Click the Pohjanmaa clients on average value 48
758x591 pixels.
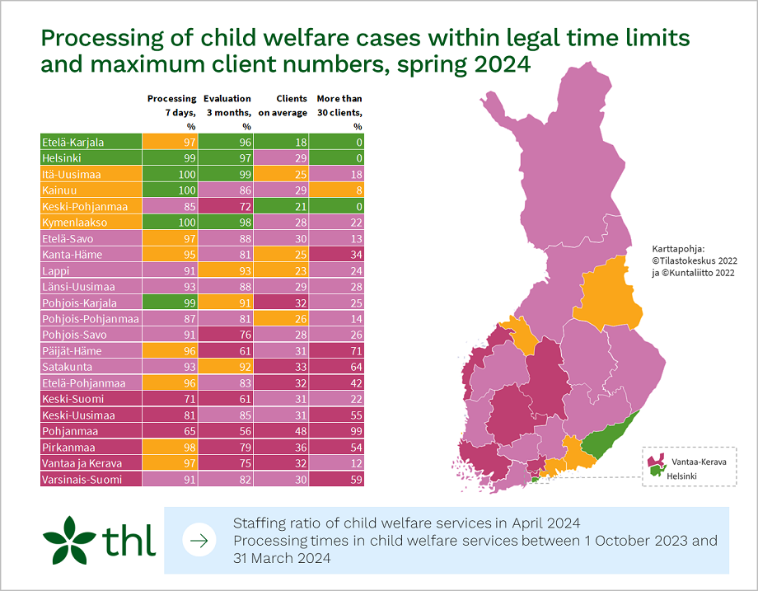click(x=282, y=431)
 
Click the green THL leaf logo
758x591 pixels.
click(x=69, y=539)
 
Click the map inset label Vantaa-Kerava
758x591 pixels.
click(x=696, y=462)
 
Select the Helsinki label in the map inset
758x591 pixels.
click(x=683, y=476)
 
